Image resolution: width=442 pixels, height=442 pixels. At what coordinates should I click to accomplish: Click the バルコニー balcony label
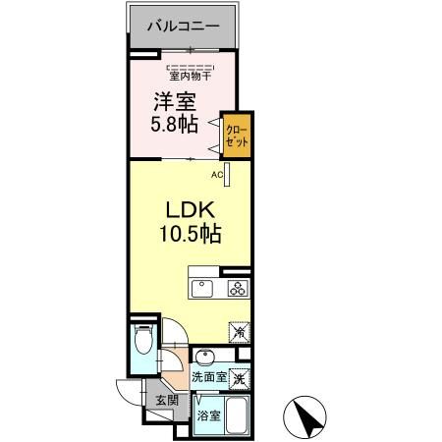pos(183,27)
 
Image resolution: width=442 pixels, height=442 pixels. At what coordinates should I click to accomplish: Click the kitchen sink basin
pos(200,289)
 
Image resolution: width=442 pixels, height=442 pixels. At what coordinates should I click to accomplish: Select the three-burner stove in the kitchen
pos(238,288)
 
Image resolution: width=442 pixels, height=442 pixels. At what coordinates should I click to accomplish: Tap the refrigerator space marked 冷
pos(239,332)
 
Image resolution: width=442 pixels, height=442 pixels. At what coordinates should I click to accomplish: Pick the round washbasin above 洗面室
pos(204,356)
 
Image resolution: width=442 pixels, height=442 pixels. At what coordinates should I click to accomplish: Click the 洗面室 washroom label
pos(209,376)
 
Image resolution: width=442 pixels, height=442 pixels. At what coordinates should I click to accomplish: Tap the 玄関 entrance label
pos(165,400)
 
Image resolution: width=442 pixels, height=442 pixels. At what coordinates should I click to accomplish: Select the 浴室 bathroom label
pos(208,416)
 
